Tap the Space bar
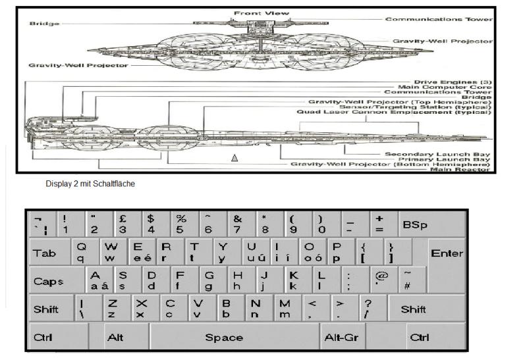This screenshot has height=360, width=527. point(224,338)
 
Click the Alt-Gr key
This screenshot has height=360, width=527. point(341,338)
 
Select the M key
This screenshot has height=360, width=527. point(285,309)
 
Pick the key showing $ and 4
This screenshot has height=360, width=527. point(152,225)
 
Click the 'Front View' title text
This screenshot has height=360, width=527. point(254,13)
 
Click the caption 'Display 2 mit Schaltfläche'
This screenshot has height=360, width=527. point(90,184)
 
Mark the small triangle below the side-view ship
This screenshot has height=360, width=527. point(233,158)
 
